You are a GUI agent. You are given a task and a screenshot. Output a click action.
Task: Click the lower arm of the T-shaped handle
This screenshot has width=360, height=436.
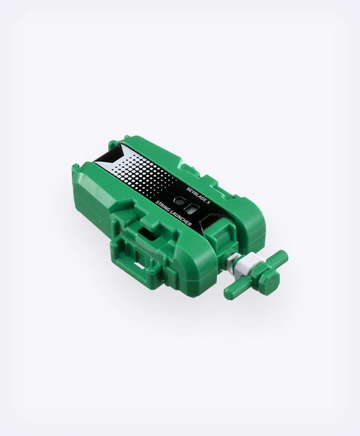(x=236, y=290)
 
